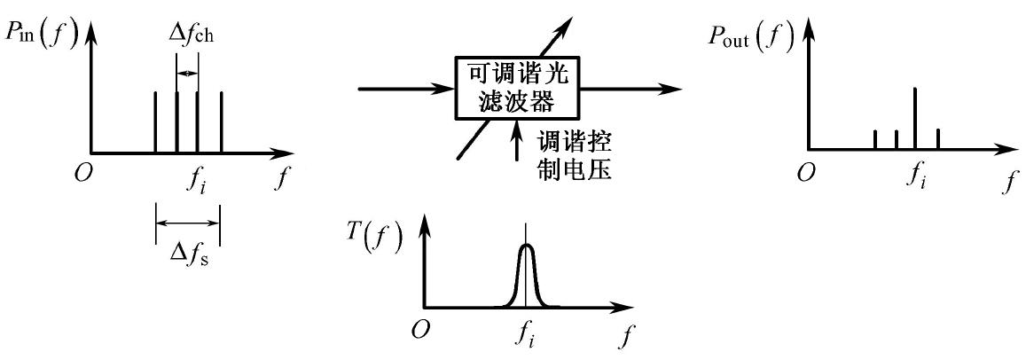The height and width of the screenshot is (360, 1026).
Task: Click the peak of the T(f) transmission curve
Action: coord(527,246)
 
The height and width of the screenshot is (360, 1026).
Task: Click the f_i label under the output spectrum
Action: coord(917,176)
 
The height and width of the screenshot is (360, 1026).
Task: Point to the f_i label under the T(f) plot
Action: coord(527,335)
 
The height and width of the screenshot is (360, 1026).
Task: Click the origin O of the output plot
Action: coord(804,172)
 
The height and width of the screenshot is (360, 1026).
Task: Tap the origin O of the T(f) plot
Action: coord(422,329)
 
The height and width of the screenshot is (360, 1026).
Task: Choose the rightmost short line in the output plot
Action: coord(937,138)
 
